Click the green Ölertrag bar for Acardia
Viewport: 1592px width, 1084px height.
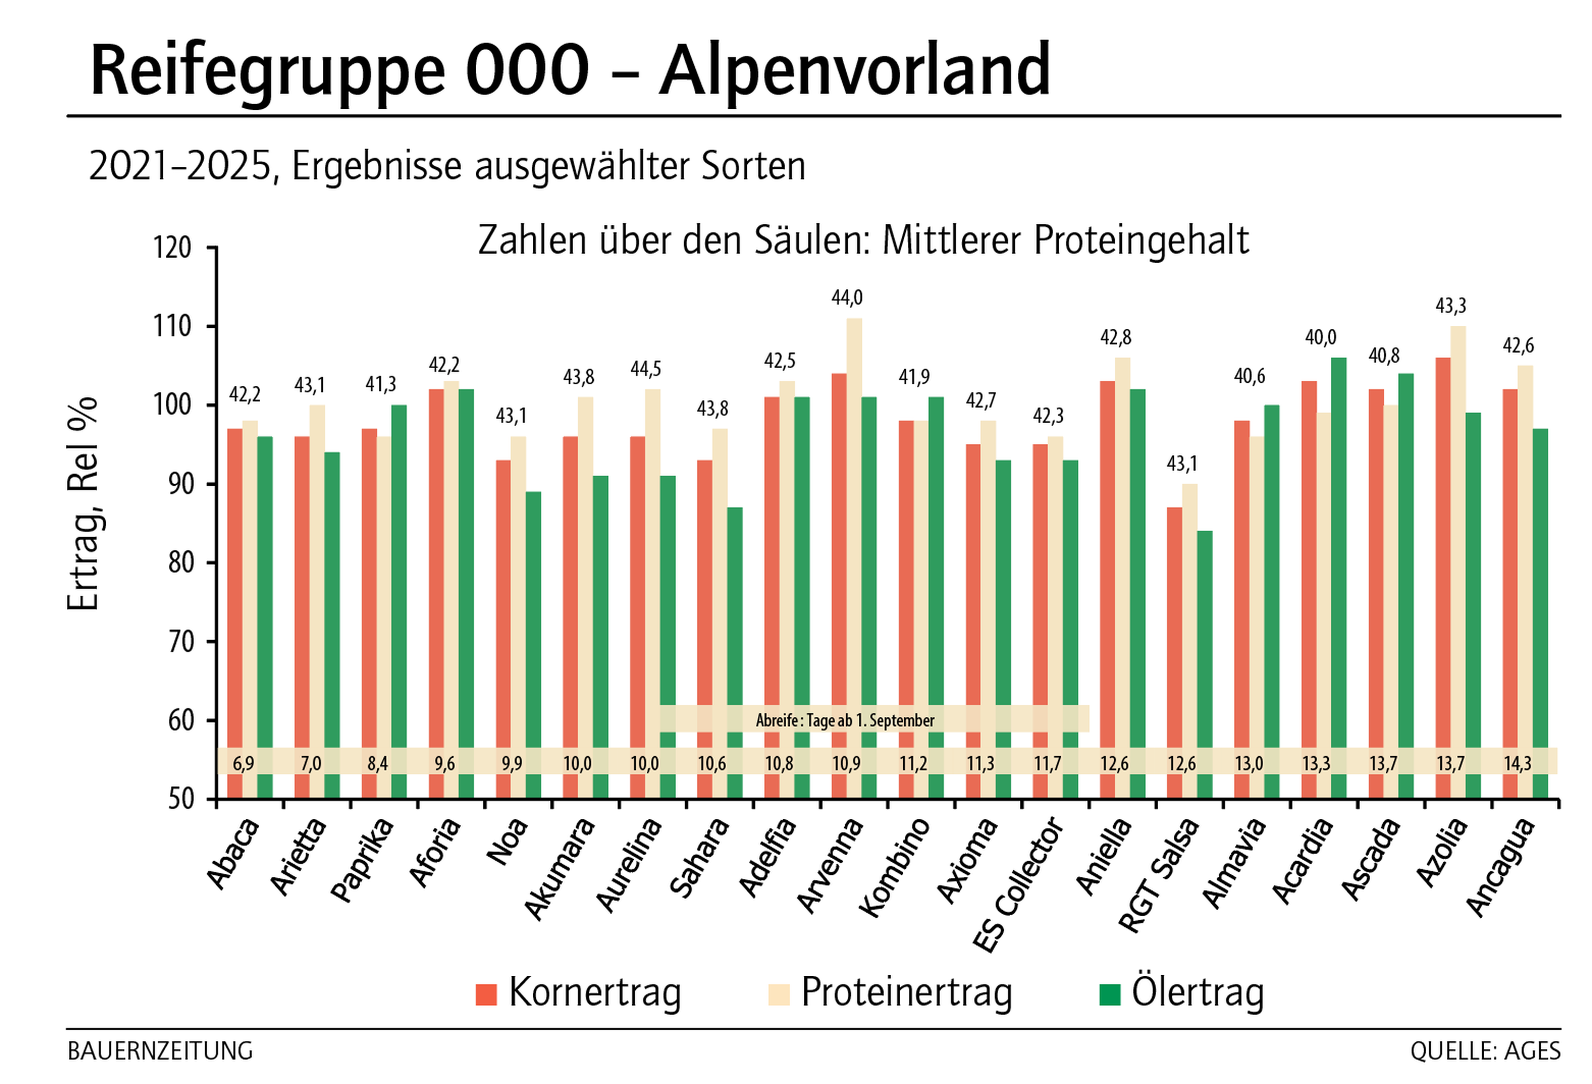tap(1339, 548)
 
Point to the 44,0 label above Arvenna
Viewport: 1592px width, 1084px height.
tap(847, 298)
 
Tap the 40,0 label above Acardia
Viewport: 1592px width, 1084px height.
tap(1320, 338)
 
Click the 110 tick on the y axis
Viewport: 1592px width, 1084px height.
tap(172, 327)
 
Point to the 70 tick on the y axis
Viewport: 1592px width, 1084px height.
tap(181, 642)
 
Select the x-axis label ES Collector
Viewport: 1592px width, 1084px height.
tap(1019, 884)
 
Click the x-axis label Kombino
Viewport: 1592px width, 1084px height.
tap(894, 867)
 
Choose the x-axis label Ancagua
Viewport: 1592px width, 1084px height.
tap(1500, 867)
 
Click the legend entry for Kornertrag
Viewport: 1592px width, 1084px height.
tap(579, 992)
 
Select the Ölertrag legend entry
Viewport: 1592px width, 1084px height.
tap(1181, 992)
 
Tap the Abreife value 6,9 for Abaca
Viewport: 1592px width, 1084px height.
tap(243, 763)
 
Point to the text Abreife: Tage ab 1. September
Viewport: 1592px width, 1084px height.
tap(845, 720)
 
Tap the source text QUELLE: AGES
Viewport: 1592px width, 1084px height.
tap(1484, 1051)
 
